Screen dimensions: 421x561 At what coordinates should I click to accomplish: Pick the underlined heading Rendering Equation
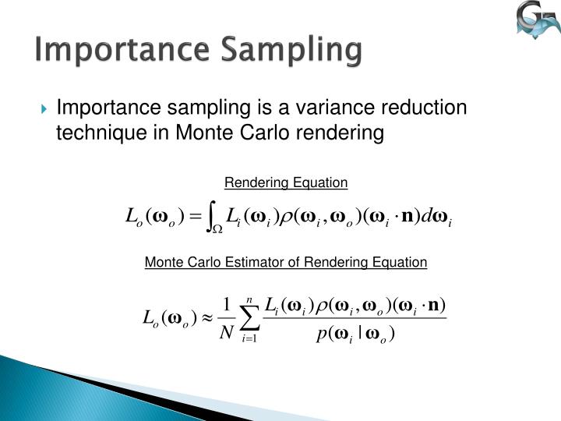(286, 183)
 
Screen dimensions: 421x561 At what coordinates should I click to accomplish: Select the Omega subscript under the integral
(219, 229)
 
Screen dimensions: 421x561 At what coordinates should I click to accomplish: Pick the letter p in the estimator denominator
(319, 335)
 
